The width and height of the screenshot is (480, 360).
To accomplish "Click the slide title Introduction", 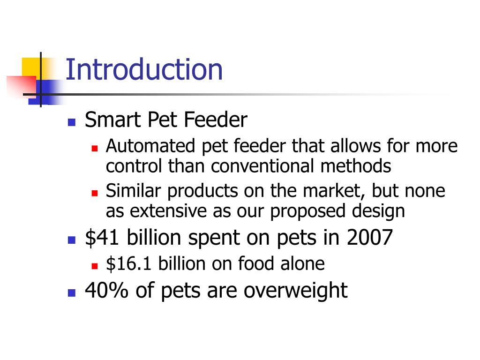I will (x=144, y=70).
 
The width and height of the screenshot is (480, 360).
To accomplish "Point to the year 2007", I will (x=369, y=238).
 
